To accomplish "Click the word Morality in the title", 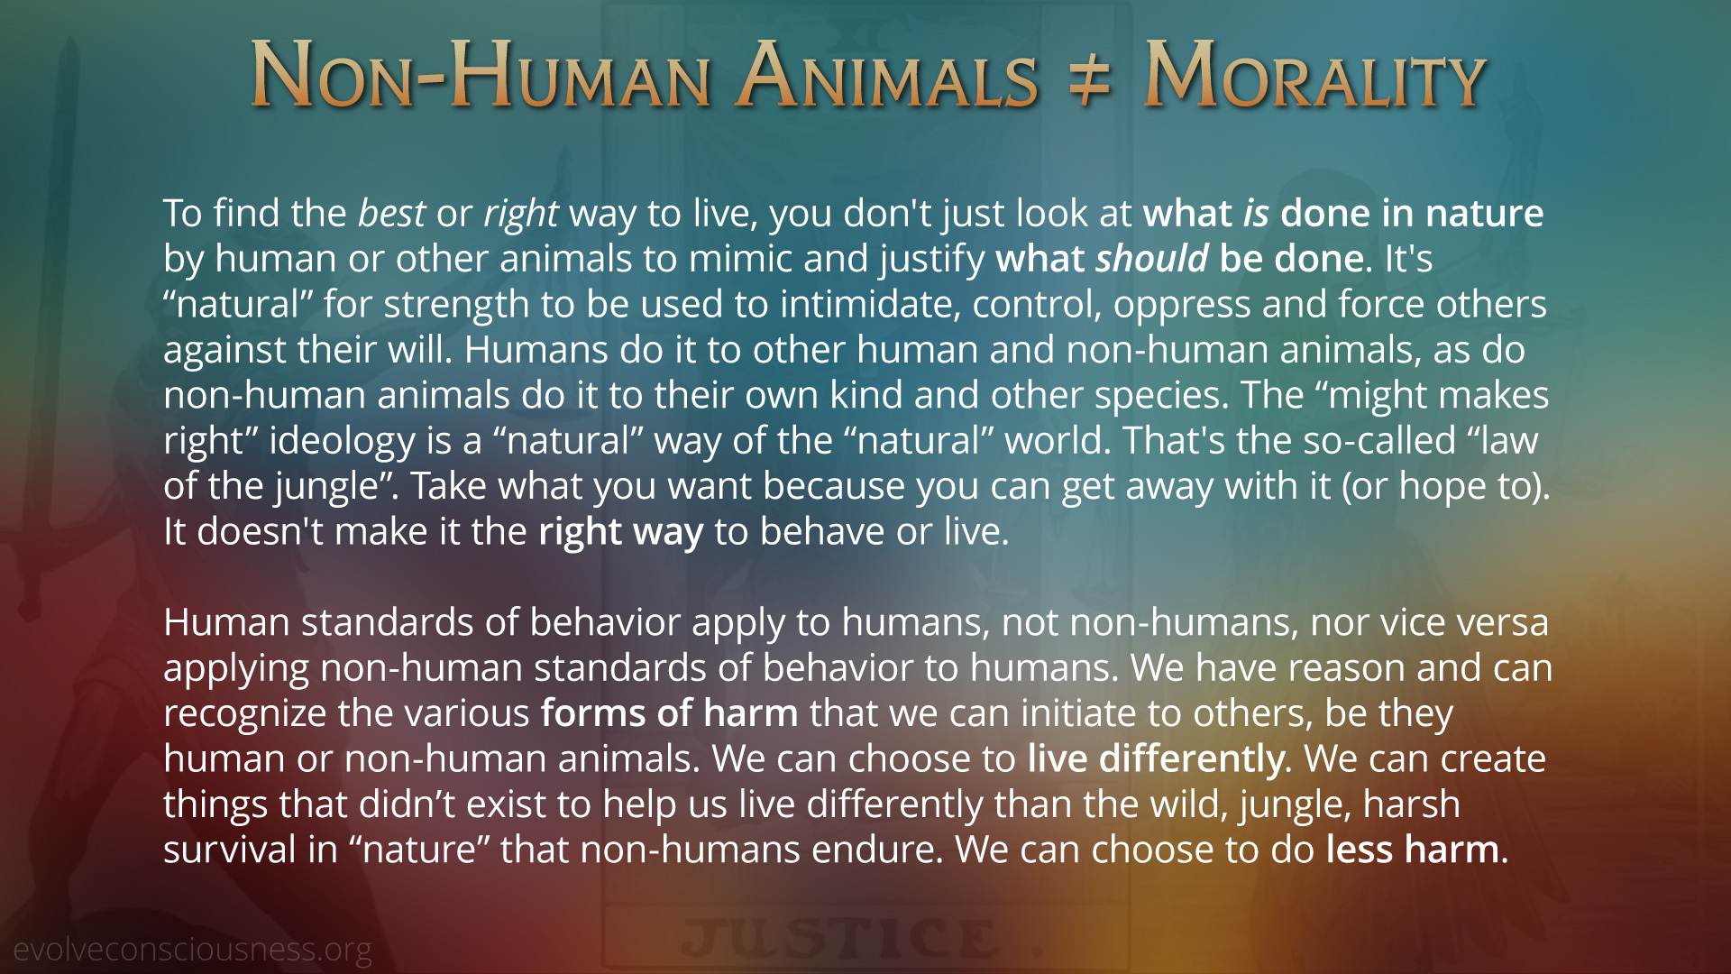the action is point(1314,76).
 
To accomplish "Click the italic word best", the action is point(391,214).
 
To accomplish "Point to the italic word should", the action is point(1151,259).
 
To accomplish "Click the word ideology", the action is point(343,442).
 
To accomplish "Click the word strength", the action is point(456,306).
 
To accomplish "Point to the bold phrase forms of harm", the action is point(669,713).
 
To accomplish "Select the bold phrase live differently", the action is point(1159,759).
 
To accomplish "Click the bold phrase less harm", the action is point(1413,850).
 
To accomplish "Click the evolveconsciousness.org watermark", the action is point(193,950).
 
